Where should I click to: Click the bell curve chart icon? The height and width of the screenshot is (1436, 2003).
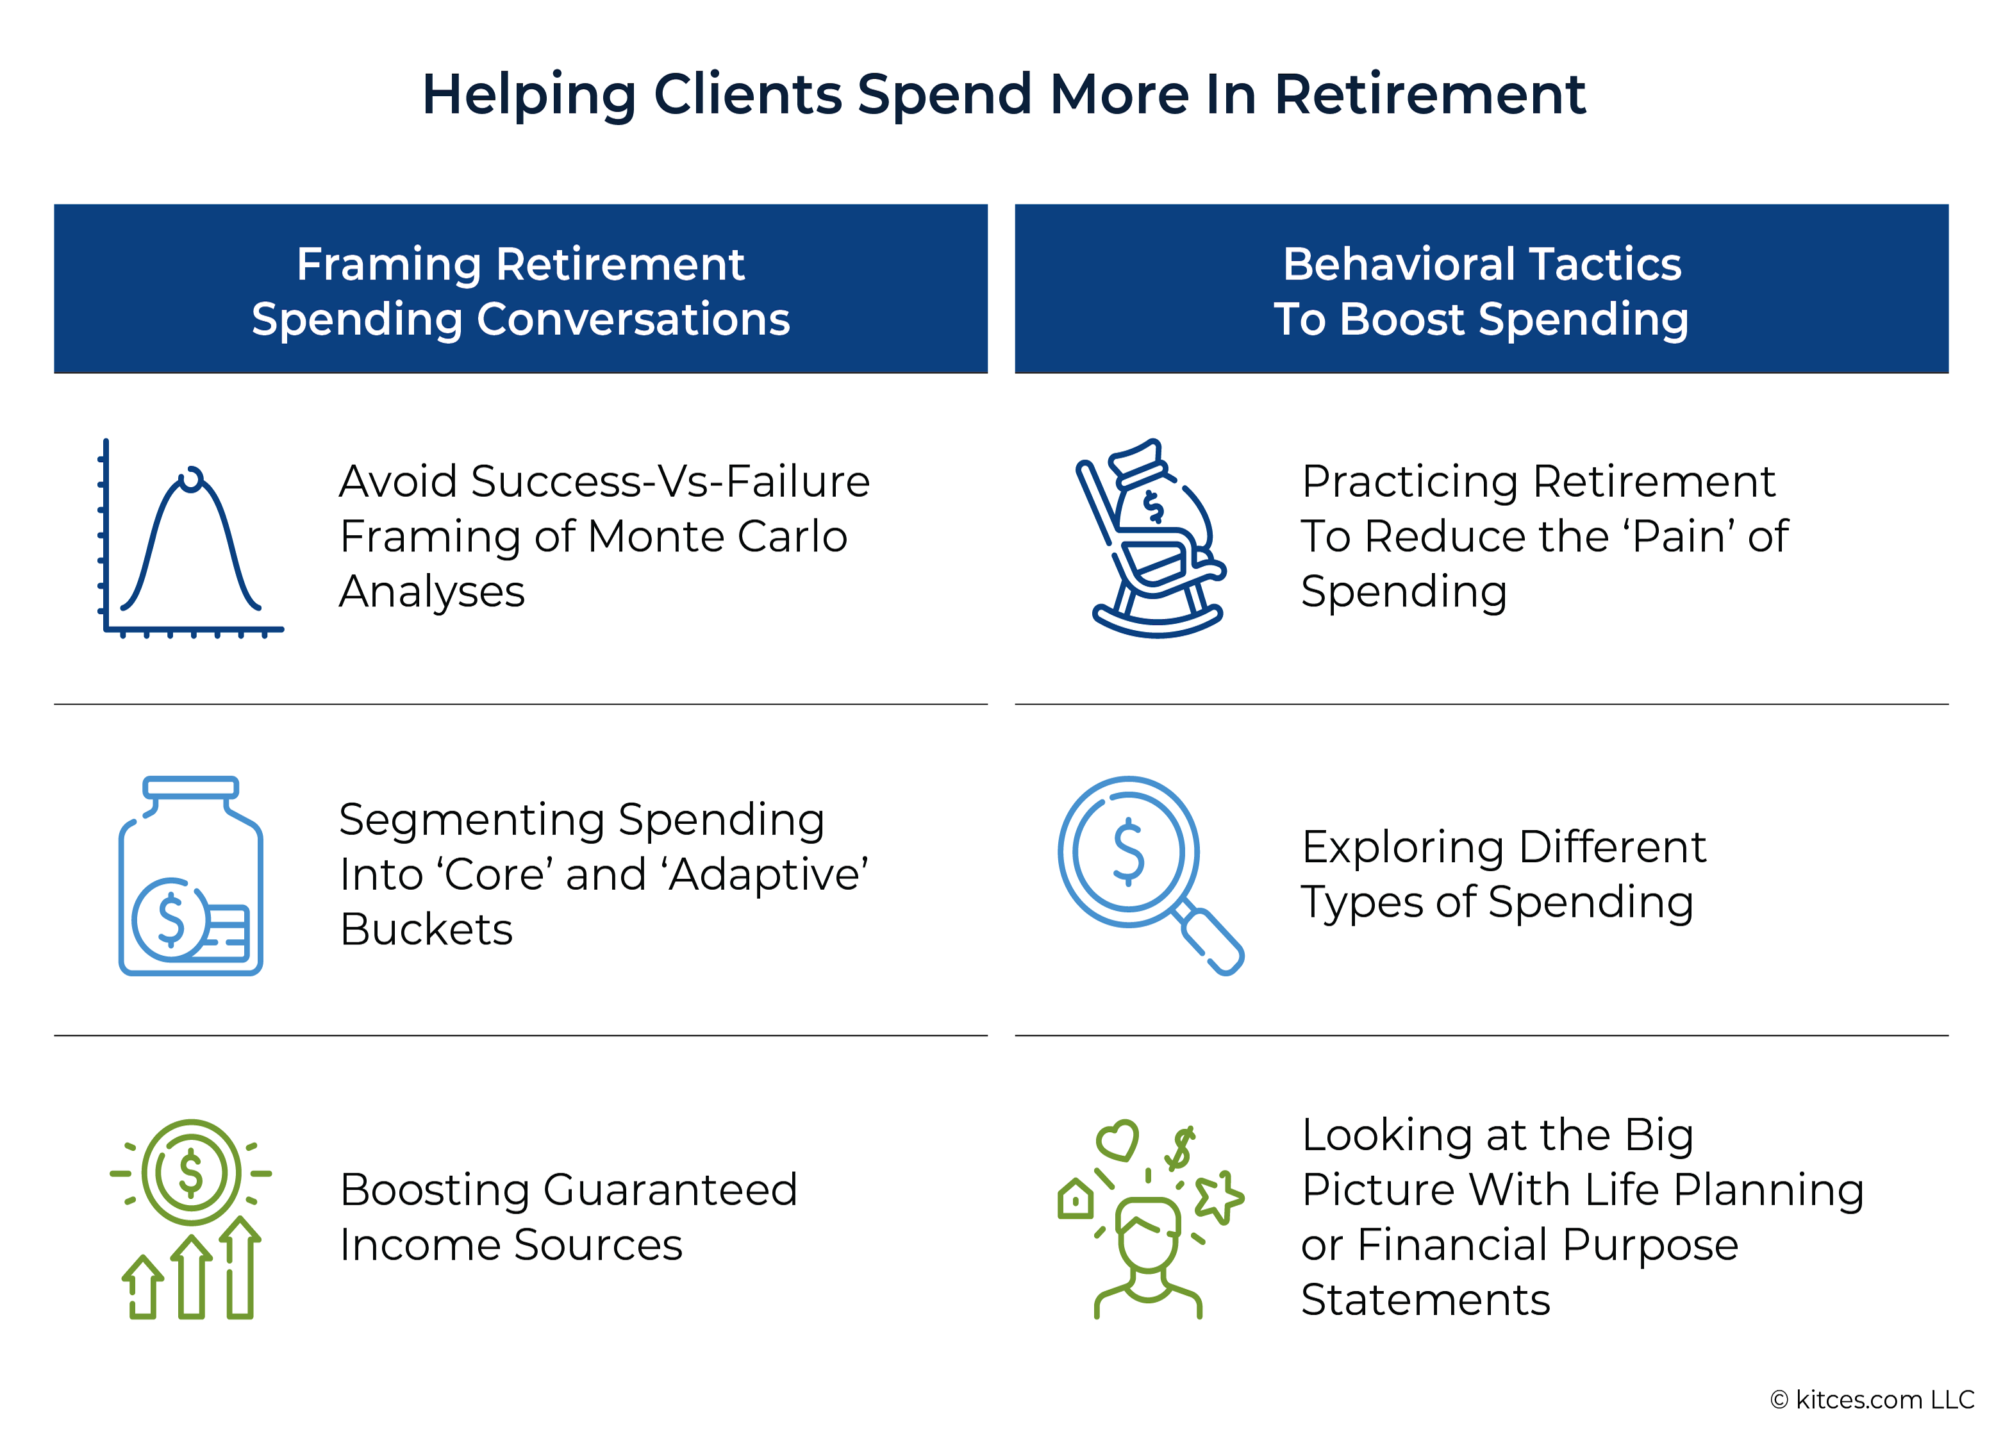(x=192, y=538)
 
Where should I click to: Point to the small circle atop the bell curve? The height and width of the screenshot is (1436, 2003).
(x=191, y=479)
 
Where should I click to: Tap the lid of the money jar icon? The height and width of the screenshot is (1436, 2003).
(x=191, y=787)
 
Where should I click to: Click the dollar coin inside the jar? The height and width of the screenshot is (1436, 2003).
(x=170, y=919)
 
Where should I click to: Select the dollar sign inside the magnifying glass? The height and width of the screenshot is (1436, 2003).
(x=1128, y=851)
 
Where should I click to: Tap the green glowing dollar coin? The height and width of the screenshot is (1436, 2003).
(x=191, y=1173)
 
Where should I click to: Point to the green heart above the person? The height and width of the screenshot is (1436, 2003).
(x=1117, y=1139)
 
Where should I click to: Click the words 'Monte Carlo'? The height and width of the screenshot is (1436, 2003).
(x=717, y=536)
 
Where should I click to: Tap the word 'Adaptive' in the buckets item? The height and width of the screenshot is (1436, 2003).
(x=767, y=874)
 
